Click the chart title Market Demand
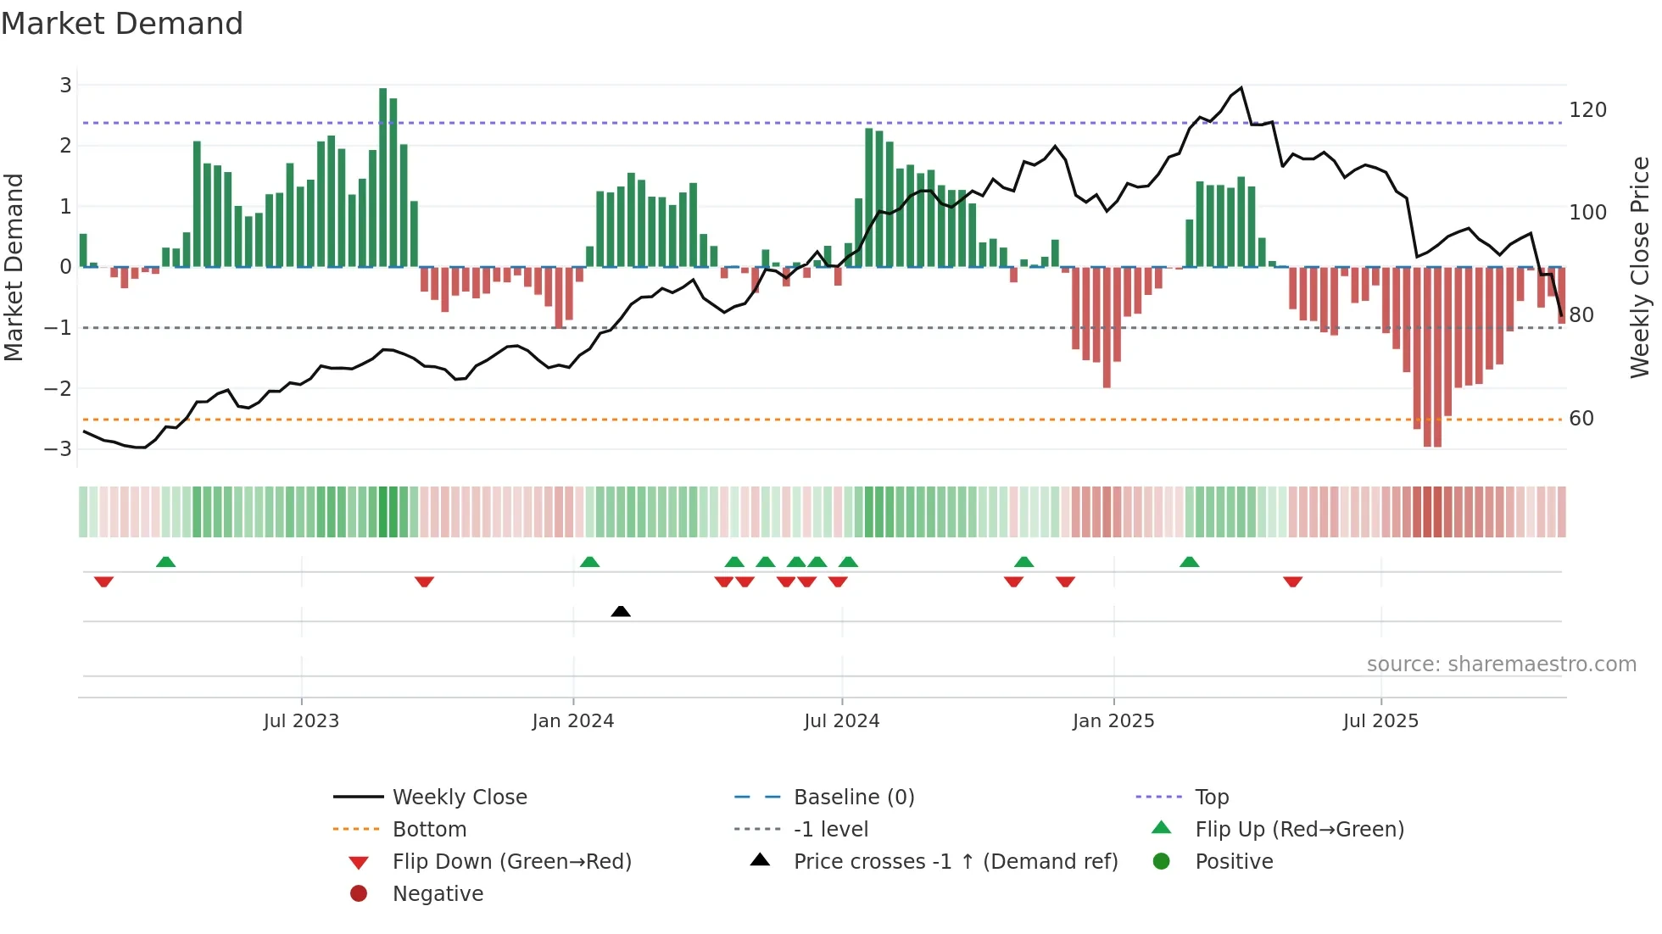[122, 23]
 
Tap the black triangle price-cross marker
[621, 611]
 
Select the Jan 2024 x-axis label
[572, 721]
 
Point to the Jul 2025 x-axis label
[1380, 721]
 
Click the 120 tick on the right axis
[1587, 110]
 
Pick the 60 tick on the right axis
[1581, 419]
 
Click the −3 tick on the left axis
[59, 448]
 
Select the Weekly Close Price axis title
[1639, 267]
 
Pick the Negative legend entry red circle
[359, 894]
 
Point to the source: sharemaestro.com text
[1501, 664]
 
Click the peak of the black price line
[1241, 88]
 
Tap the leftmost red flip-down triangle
[103, 581]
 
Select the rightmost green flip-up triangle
[1189, 562]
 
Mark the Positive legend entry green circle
[1162, 862]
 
